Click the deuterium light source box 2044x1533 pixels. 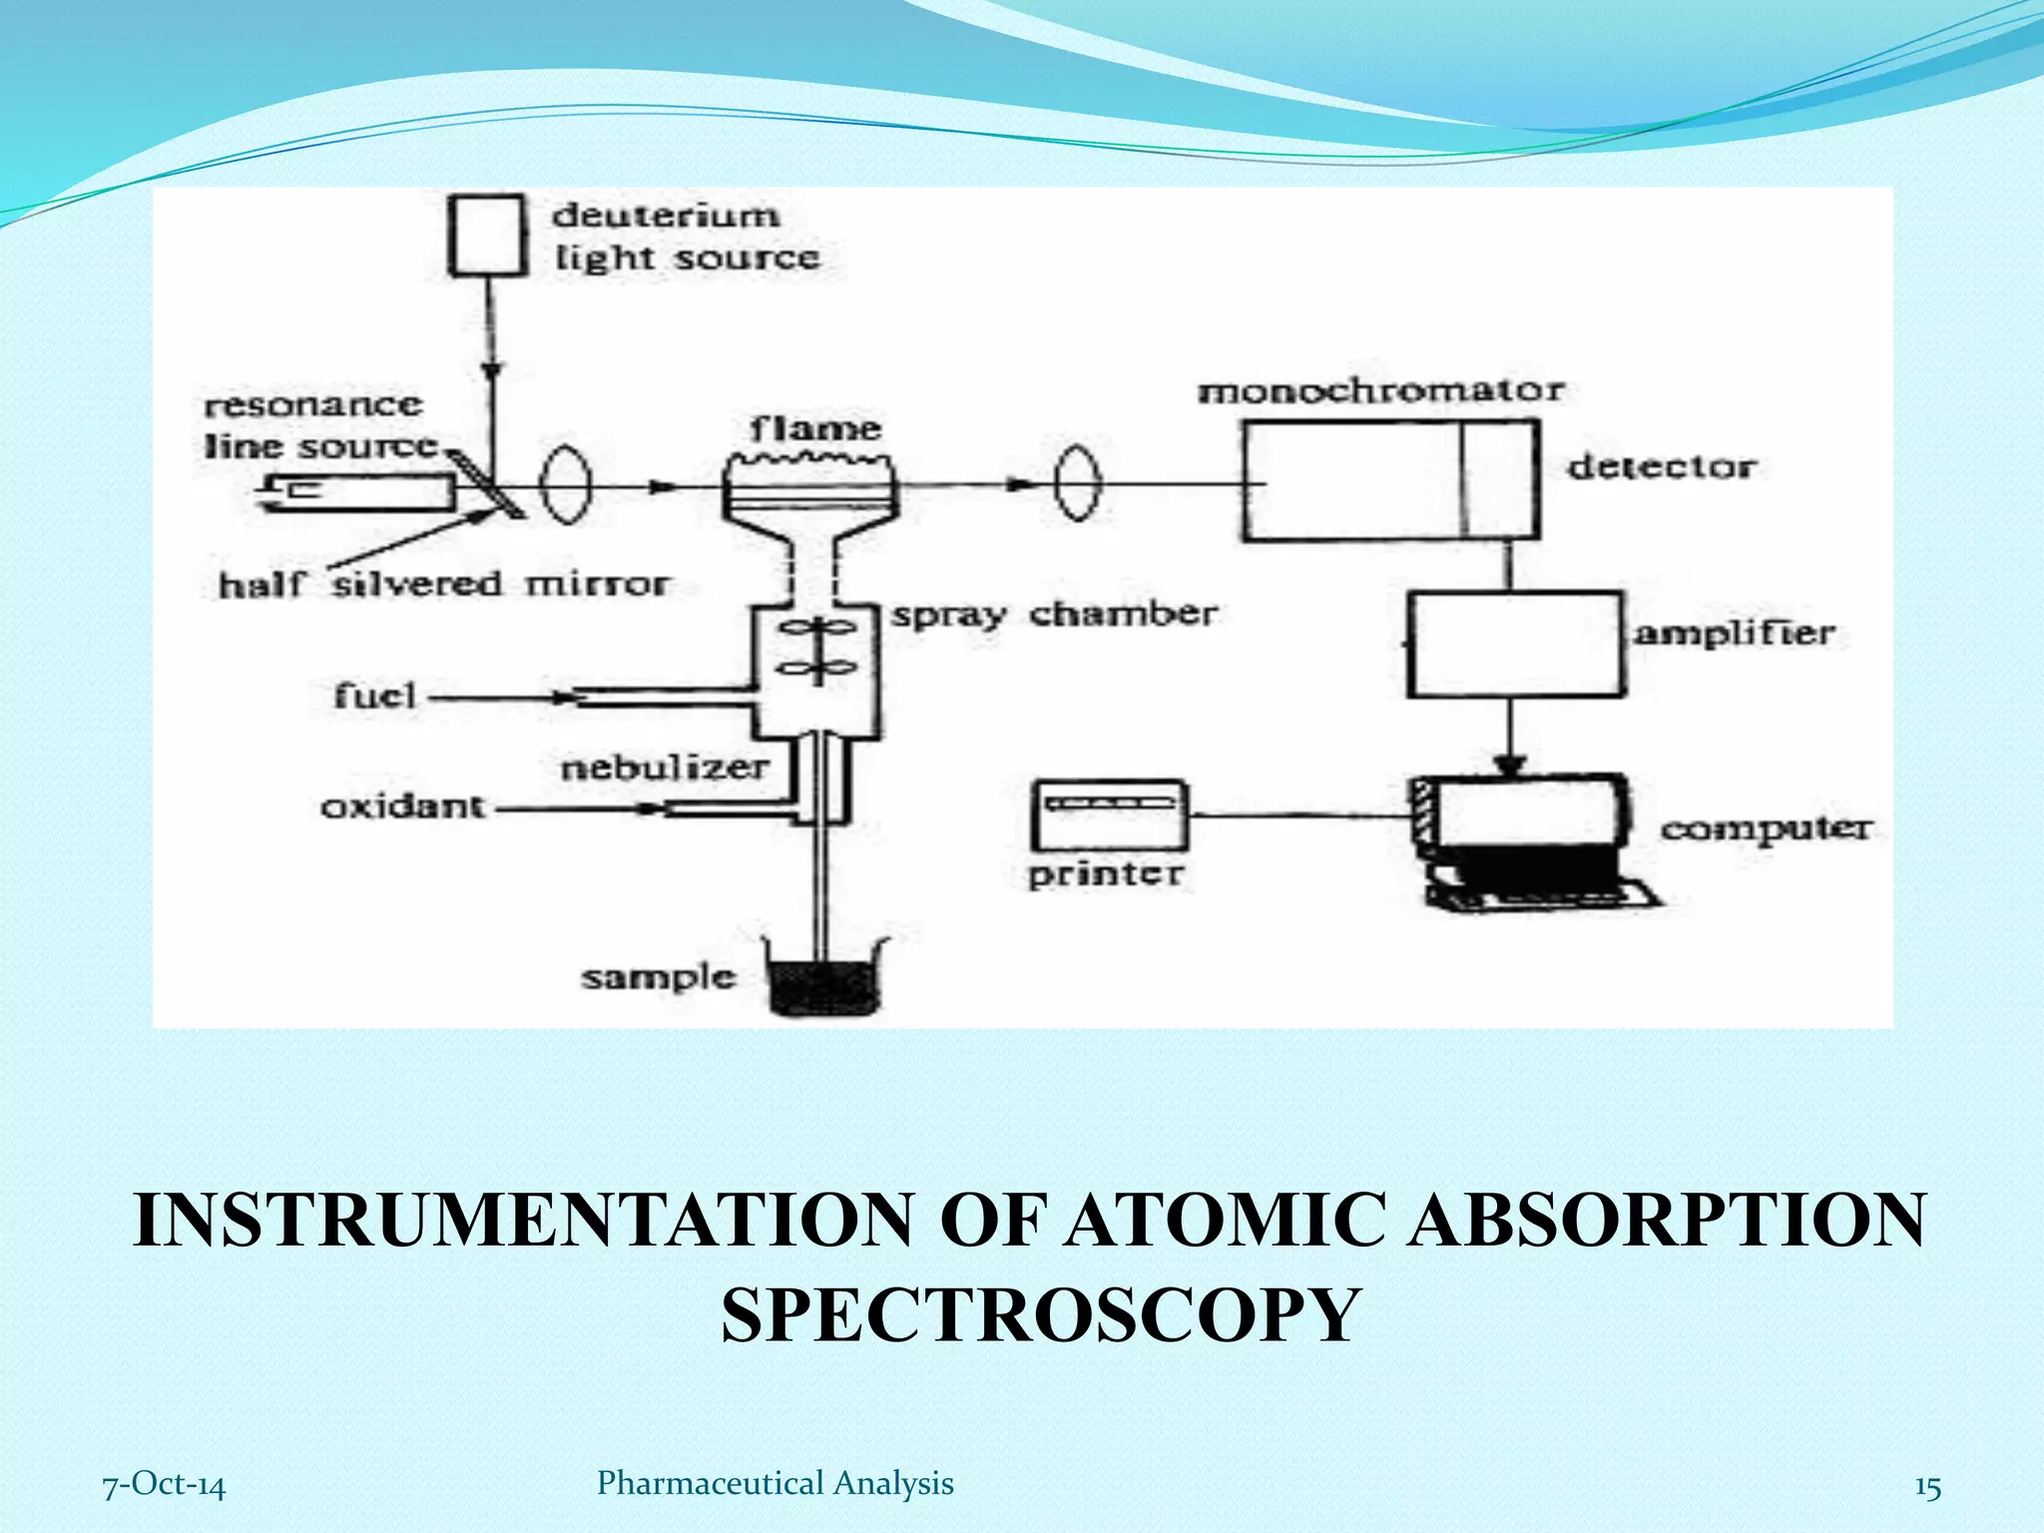pos(486,236)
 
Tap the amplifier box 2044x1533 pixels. pos(1515,644)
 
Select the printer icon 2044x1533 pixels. pos(1109,815)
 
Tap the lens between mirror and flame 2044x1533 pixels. pos(566,486)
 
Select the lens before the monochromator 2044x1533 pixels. pos(1078,484)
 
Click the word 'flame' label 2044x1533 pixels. pos(815,430)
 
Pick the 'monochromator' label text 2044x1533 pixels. pos(1380,390)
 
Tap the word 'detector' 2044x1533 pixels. pos(1661,467)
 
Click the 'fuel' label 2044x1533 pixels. pos(374,696)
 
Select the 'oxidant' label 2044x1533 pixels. pos(402,805)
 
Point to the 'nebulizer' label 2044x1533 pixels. pos(664,767)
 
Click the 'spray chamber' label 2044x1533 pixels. pos(1054,615)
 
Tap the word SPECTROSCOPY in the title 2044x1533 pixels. pos(1041,1314)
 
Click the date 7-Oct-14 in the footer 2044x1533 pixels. pos(165,1485)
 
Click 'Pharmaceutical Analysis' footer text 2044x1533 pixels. pos(774,1483)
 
